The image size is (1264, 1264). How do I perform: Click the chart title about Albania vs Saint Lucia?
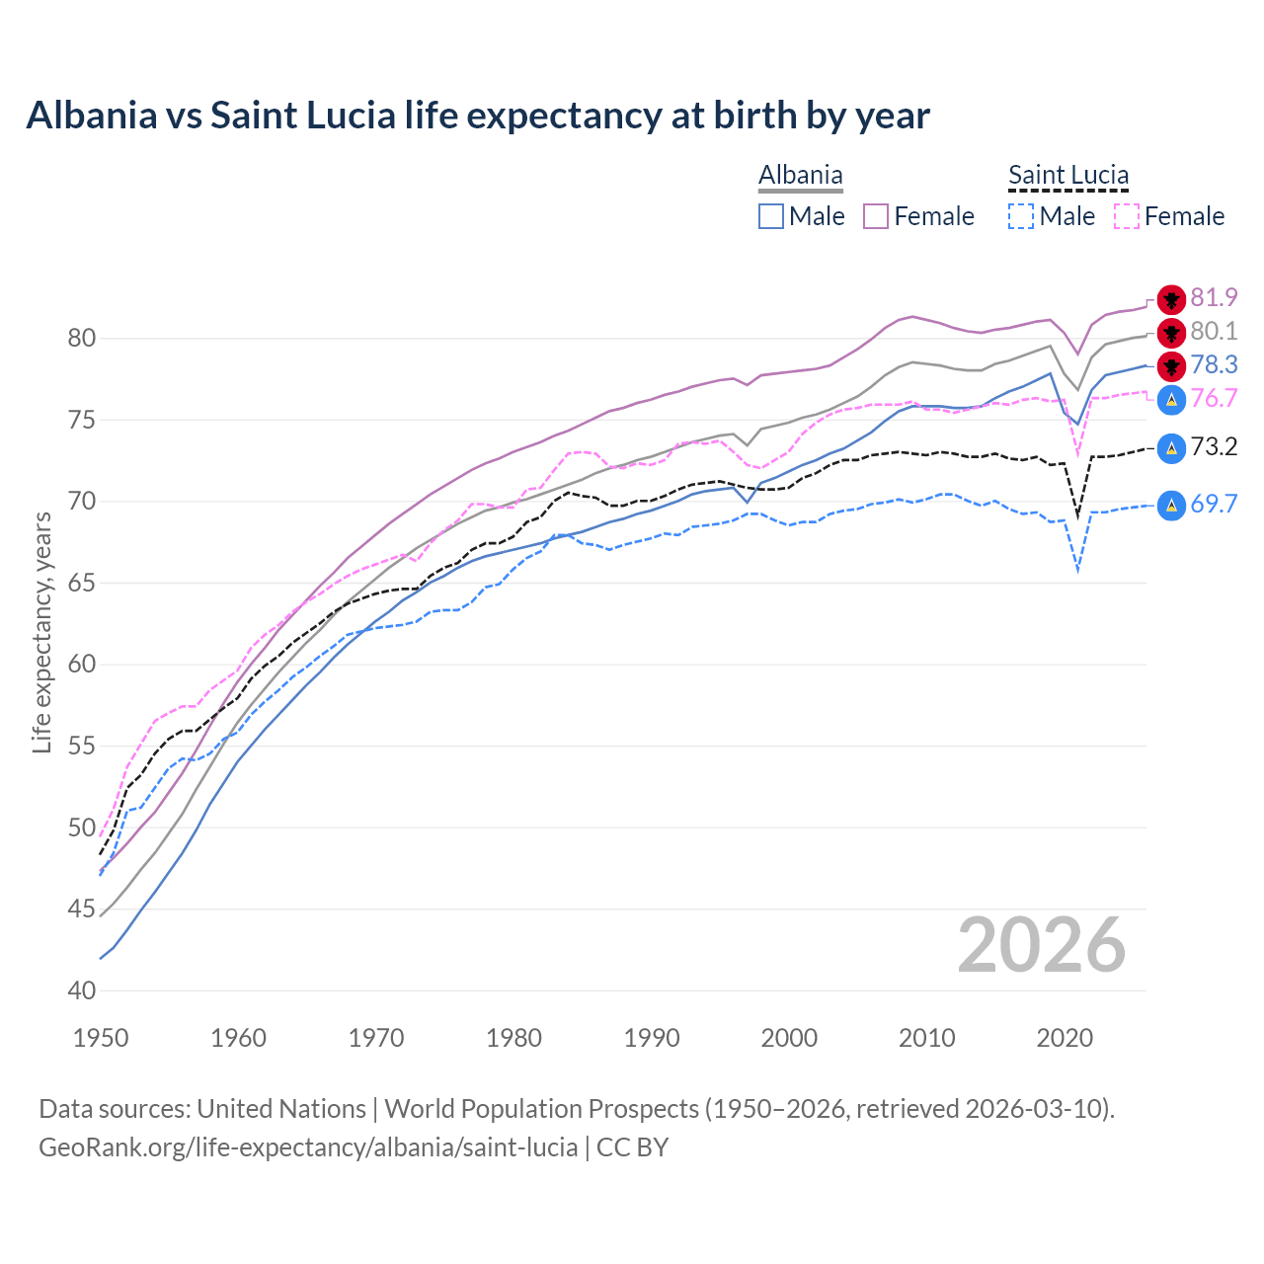(x=478, y=116)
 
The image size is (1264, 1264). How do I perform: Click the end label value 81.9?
(x=1214, y=298)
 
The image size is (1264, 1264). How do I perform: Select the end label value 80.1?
(x=1214, y=332)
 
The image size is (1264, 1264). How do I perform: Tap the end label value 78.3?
(x=1214, y=365)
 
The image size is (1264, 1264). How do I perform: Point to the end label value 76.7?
(x=1214, y=399)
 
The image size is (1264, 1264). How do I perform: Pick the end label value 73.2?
(x=1214, y=447)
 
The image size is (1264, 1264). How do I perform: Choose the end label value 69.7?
(x=1214, y=505)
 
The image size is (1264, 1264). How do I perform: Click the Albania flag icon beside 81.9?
(x=1171, y=299)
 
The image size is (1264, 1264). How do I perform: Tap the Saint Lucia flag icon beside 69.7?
(x=1171, y=506)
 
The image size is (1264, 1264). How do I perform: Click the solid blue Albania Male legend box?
(x=771, y=216)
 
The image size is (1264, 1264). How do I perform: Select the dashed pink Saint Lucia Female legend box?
(x=1127, y=216)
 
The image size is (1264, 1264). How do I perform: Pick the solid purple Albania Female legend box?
(x=876, y=216)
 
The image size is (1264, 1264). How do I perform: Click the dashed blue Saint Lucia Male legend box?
(x=1021, y=216)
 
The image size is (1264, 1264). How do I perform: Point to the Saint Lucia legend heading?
(x=1067, y=176)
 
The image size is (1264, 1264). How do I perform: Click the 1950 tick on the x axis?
(x=101, y=1038)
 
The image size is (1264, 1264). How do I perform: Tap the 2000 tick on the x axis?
(x=789, y=1038)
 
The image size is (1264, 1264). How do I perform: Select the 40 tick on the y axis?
(x=82, y=990)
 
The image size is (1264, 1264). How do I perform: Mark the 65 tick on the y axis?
(x=82, y=584)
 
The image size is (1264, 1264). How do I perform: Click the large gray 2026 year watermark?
(x=1042, y=946)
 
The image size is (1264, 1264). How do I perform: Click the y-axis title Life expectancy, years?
(x=42, y=632)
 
